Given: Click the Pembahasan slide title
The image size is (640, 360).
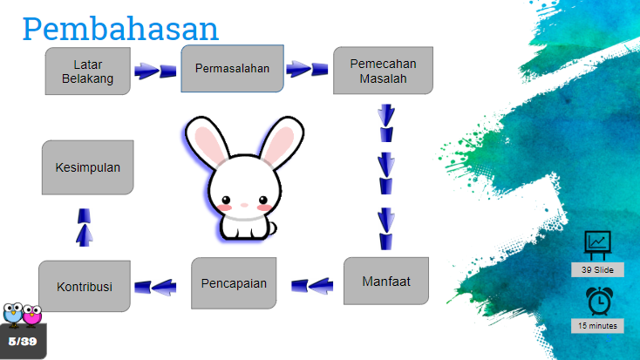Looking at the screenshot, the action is click(x=120, y=29).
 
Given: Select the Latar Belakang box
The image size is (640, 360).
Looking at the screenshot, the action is click(x=88, y=71).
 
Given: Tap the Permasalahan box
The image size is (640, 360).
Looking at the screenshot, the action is click(x=232, y=69).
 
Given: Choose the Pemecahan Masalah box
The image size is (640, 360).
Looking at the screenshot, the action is click(x=383, y=71).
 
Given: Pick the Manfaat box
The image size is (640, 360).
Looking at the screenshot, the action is click(x=386, y=281).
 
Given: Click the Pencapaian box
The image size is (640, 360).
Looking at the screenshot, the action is click(x=234, y=282).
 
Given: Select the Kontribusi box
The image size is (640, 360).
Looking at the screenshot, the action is click(x=85, y=286).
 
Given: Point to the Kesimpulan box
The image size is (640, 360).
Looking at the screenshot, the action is click(x=88, y=167).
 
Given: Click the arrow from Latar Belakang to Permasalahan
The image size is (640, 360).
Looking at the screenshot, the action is click(x=155, y=71).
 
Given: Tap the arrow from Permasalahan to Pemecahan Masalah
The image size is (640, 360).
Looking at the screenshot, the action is click(x=307, y=69).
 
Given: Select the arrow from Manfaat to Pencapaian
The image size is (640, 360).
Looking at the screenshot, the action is click(x=312, y=286).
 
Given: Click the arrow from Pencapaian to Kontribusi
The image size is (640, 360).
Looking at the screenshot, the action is click(x=155, y=287).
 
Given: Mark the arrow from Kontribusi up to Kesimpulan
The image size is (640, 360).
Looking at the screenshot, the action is click(x=84, y=228).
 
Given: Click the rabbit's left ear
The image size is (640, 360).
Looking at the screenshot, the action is click(x=207, y=141).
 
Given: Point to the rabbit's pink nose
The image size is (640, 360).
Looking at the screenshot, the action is click(x=244, y=205).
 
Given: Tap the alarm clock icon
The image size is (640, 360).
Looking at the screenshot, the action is click(x=599, y=302).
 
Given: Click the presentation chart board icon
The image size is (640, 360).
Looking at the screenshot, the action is click(x=597, y=245).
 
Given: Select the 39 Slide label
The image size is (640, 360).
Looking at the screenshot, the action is click(x=597, y=270).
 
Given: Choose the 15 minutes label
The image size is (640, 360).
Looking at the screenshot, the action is click(x=597, y=326).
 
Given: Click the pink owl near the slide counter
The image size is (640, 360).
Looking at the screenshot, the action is click(x=32, y=315).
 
